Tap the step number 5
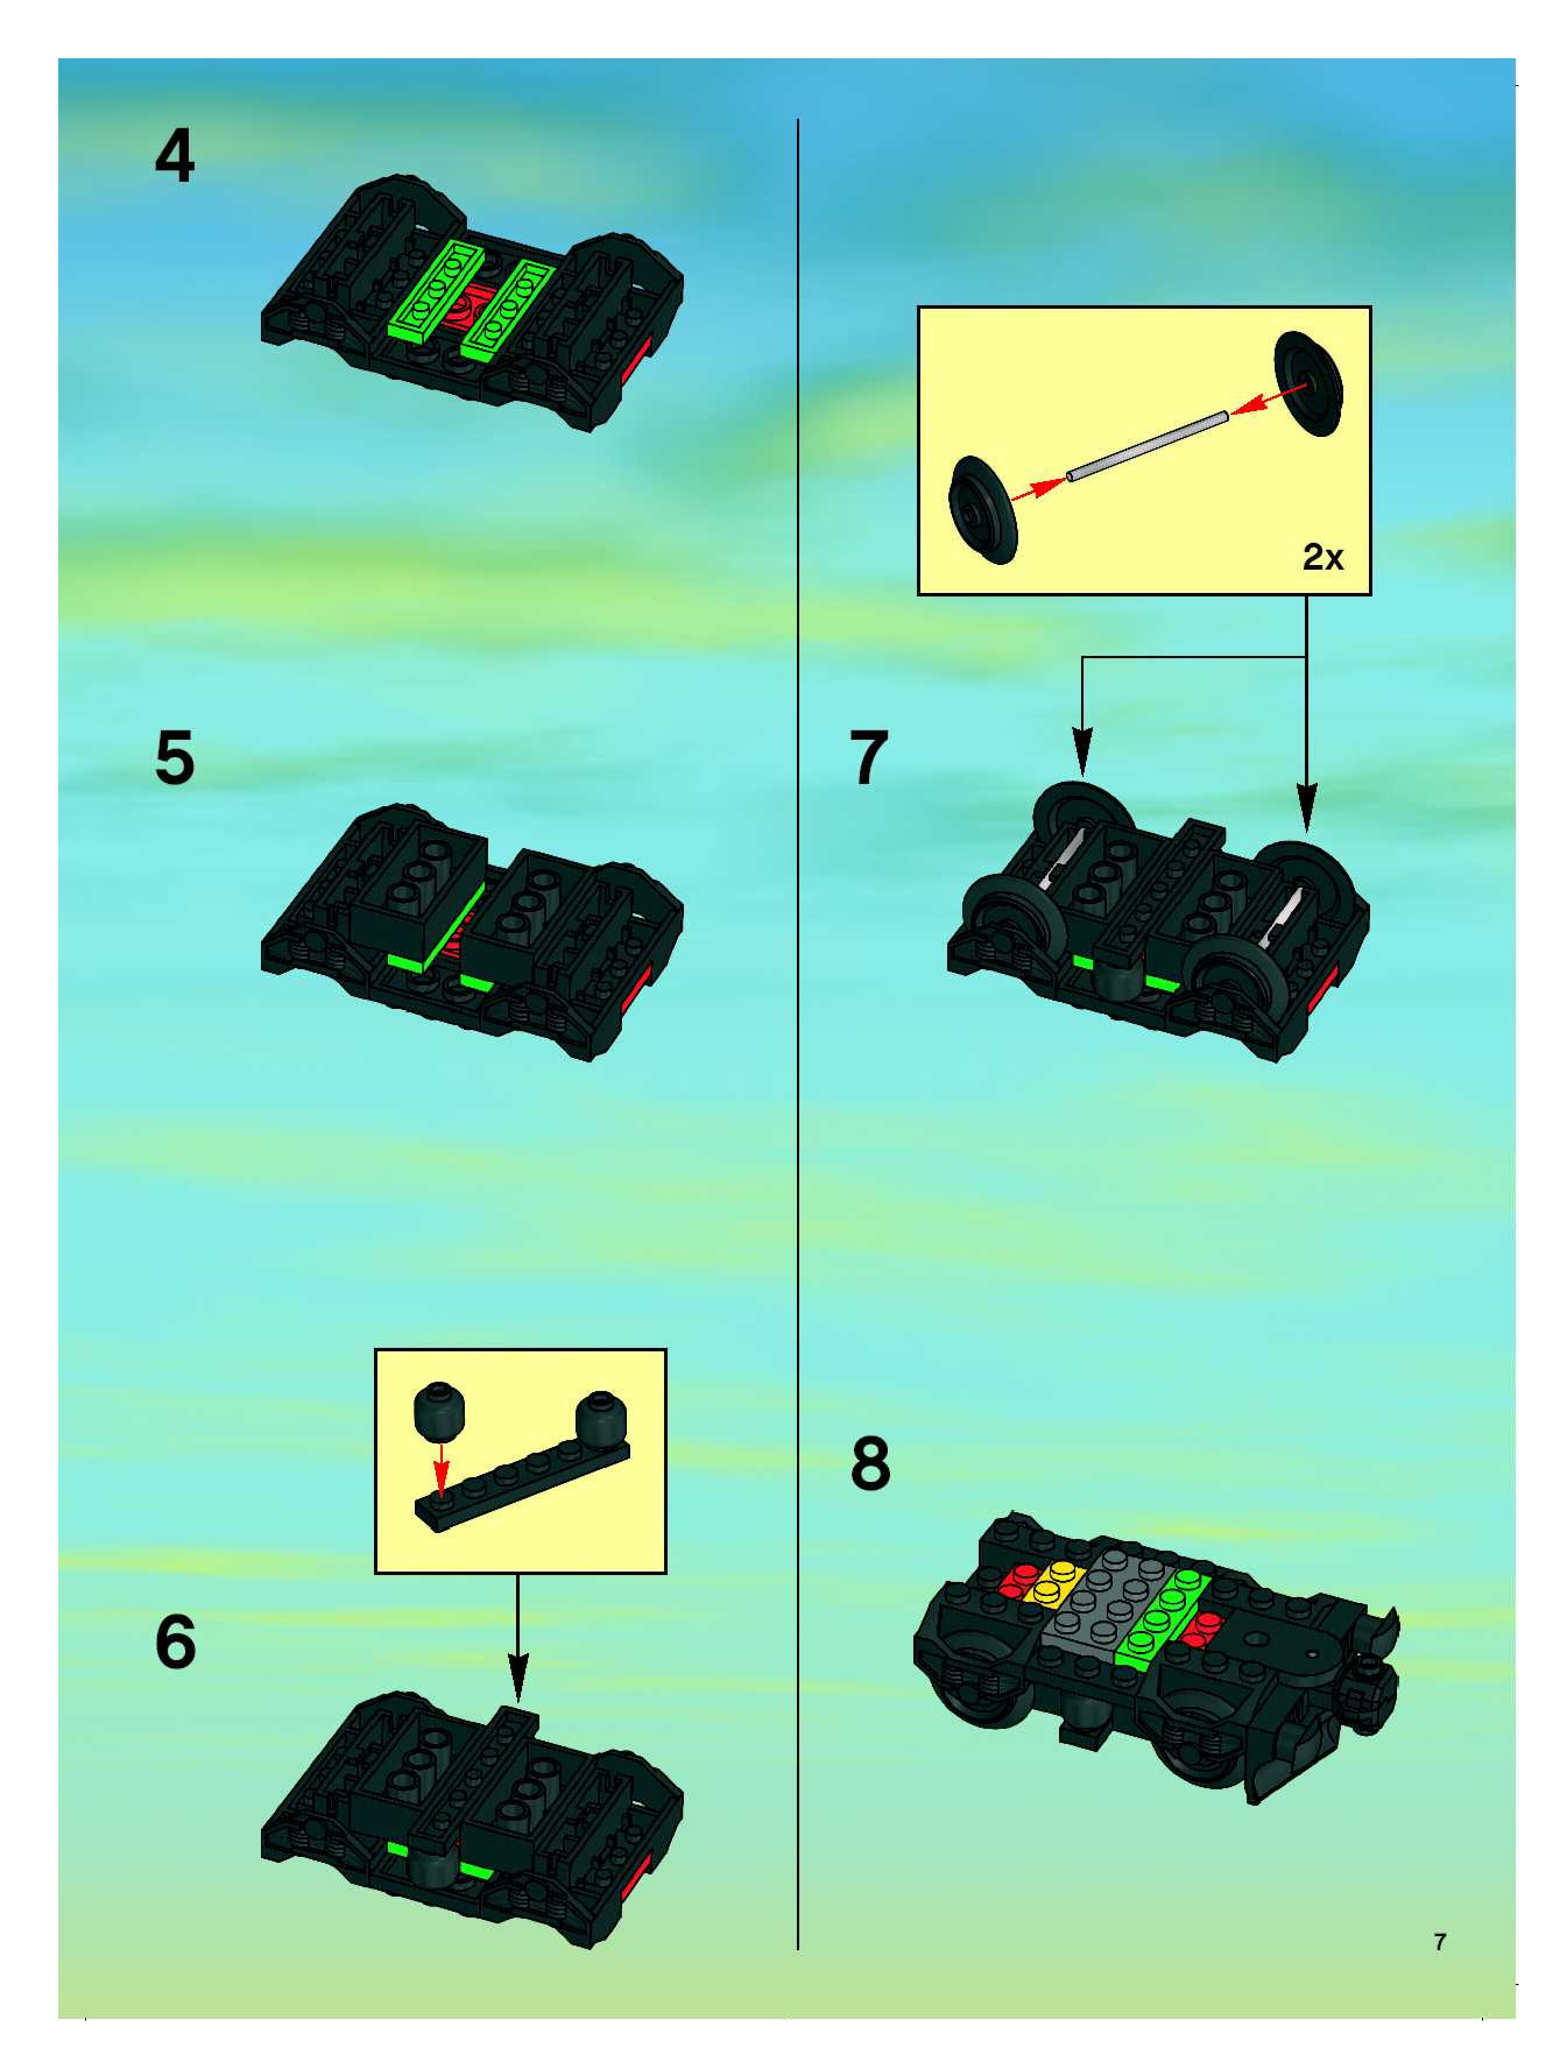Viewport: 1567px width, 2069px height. (x=175, y=758)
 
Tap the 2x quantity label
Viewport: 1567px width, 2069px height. (x=1323, y=557)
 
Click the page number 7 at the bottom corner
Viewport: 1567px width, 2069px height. (x=1440, y=1942)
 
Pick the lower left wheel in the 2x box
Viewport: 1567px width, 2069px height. (x=982, y=510)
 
